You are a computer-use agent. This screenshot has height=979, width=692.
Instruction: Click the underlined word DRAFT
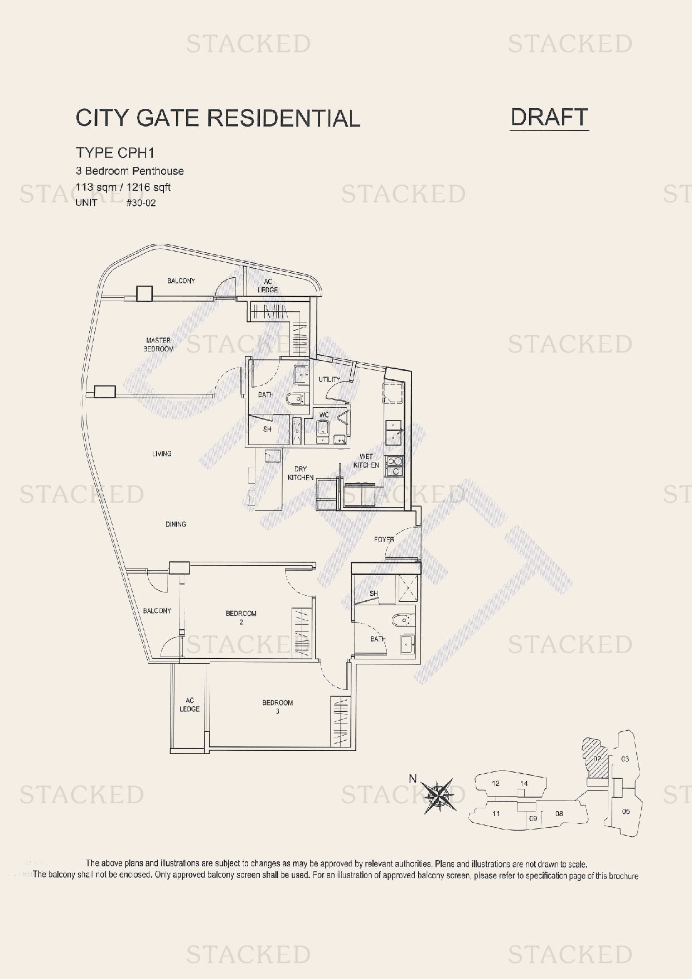[549, 117]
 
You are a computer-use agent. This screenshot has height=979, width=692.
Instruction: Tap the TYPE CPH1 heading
[115, 153]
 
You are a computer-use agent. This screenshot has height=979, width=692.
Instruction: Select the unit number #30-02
[141, 203]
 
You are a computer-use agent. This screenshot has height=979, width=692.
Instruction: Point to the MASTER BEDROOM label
[159, 344]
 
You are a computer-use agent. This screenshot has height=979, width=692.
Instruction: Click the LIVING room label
[162, 454]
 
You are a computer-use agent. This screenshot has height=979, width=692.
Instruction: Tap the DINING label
[176, 524]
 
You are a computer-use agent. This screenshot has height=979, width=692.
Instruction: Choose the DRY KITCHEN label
[301, 473]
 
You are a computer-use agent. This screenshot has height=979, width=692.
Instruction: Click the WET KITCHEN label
[366, 461]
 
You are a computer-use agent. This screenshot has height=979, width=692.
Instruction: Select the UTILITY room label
[329, 379]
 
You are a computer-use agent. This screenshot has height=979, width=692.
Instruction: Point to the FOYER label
[384, 539]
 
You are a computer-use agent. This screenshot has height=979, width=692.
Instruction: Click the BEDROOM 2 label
[241, 617]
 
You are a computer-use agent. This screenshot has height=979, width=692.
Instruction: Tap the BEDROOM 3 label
[278, 706]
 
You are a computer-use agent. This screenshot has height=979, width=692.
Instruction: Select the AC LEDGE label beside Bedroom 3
[190, 705]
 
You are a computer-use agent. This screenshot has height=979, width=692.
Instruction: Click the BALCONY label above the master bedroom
[181, 281]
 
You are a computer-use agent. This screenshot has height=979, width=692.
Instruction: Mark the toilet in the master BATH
[296, 399]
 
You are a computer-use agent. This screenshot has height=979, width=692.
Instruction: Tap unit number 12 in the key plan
[496, 783]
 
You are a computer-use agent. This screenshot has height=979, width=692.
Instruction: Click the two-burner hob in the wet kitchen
[394, 466]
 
